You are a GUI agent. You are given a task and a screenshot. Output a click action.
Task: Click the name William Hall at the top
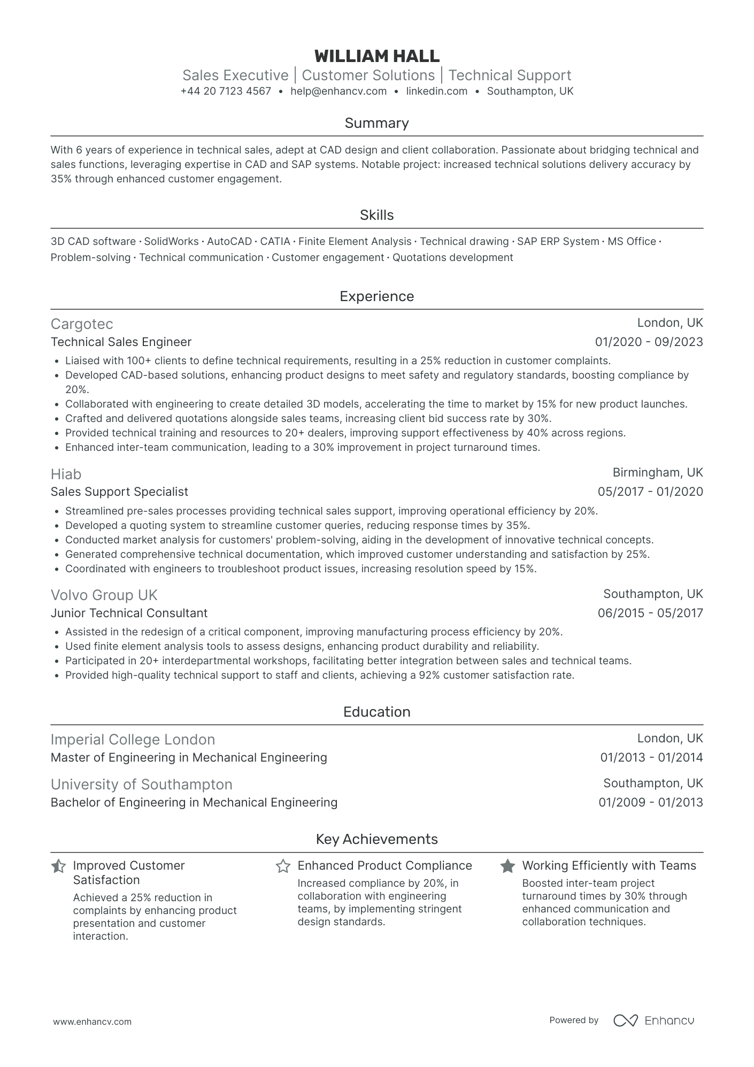[x=376, y=56]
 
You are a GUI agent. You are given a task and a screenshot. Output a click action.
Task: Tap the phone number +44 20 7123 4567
[x=226, y=91]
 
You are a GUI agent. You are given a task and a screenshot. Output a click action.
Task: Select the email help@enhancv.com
[x=338, y=91]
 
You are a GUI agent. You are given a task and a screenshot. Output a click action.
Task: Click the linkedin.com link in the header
[x=436, y=91]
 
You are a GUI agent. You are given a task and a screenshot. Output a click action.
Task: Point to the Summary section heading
[x=376, y=124]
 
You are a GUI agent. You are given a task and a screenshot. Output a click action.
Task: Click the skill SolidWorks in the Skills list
[x=171, y=242]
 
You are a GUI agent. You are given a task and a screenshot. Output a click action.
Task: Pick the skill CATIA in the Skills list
[x=275, y=242]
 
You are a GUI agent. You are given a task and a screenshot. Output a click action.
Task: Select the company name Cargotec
[x=82, y=324]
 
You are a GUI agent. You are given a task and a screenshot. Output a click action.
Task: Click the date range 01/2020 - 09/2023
[x=649, y=342]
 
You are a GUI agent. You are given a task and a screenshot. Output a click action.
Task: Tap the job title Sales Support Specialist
[x=119, y=492]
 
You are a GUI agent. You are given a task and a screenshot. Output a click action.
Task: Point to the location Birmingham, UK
[x=657, y=473]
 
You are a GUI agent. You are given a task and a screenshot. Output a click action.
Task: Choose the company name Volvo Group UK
[x=104, y=595]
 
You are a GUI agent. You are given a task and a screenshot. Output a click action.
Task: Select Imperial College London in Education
[x=133, y=740]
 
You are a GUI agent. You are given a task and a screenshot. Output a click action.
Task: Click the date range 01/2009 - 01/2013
[x=650, y=803]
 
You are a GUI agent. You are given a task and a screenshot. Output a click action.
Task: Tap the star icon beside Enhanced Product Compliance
[x=283, y=866]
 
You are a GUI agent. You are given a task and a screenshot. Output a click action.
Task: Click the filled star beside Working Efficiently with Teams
[x=507, y=866]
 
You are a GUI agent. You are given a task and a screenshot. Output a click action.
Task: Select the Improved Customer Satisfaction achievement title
[x=128, y=873]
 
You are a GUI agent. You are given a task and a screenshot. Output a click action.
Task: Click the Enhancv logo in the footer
[x=653, y=1020]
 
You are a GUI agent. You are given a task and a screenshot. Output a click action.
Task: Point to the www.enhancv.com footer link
[x=92, y=1022]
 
